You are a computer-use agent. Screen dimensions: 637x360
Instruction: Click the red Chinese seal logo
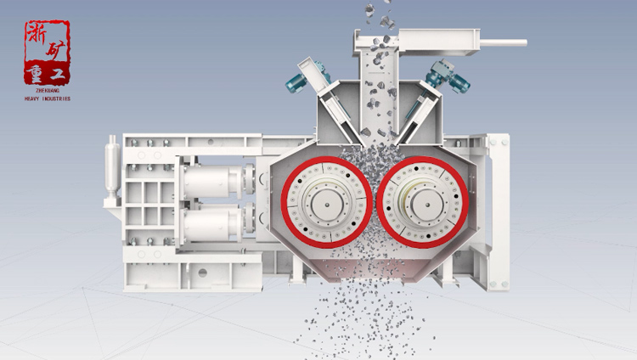point(47,52)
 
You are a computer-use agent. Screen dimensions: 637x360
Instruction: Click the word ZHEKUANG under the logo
point(47,91)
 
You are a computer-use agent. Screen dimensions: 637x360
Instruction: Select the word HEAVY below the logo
point(32,98)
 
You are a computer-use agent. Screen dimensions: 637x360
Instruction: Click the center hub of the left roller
point(327,204)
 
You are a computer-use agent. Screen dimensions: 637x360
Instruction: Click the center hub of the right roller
point(426,204)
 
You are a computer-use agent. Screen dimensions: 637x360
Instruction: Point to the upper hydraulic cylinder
point(216,180)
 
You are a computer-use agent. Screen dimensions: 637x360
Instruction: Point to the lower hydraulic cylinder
point(216,222)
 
